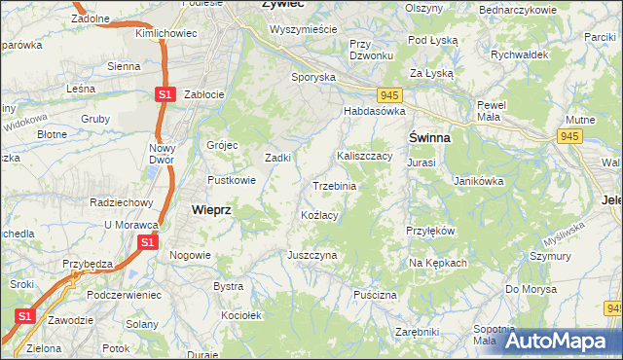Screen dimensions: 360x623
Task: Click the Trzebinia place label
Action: (334, 186)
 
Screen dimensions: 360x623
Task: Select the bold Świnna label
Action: (428, 138)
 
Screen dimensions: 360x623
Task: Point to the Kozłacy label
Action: (319, 215)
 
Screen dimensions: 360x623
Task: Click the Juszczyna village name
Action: (311, 255)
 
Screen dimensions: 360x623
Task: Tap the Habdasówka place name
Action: (374, 112)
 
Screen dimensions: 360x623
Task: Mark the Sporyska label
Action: (313, 76)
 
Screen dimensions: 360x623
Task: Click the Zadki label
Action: (279, 158)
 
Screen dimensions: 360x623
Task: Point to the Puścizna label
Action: (376, 294)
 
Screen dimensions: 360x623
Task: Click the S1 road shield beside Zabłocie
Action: (165, 94)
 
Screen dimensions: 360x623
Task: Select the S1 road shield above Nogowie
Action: (147, 241)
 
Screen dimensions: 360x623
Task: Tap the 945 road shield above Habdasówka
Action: (390, 94)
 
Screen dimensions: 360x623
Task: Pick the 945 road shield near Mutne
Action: (569, 137)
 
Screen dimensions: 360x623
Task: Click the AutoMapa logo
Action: (559, 342)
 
